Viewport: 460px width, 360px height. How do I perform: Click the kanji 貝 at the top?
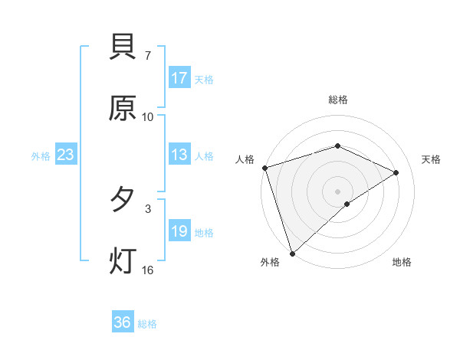123,48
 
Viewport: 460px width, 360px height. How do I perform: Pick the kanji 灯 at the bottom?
123,260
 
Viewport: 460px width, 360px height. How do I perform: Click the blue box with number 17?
179,78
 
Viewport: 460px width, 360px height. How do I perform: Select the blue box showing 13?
179,155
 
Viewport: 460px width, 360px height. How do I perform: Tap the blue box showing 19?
179,231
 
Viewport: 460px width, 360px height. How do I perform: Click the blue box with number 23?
66,155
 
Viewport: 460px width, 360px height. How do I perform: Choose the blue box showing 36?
123,322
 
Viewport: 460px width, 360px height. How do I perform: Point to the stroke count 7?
148,56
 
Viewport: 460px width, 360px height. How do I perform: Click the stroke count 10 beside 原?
148,116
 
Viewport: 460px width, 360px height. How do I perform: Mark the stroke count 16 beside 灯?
148,269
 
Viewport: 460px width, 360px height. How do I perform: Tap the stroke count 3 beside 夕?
148,208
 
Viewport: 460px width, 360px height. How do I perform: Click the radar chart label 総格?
337,100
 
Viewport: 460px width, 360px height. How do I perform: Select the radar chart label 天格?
432,159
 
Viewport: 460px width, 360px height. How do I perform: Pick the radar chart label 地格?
402,263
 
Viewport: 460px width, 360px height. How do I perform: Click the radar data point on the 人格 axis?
264,168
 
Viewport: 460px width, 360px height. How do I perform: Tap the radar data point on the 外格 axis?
292,253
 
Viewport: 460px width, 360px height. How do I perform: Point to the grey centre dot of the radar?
337,191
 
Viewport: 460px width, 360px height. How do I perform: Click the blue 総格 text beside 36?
148,324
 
